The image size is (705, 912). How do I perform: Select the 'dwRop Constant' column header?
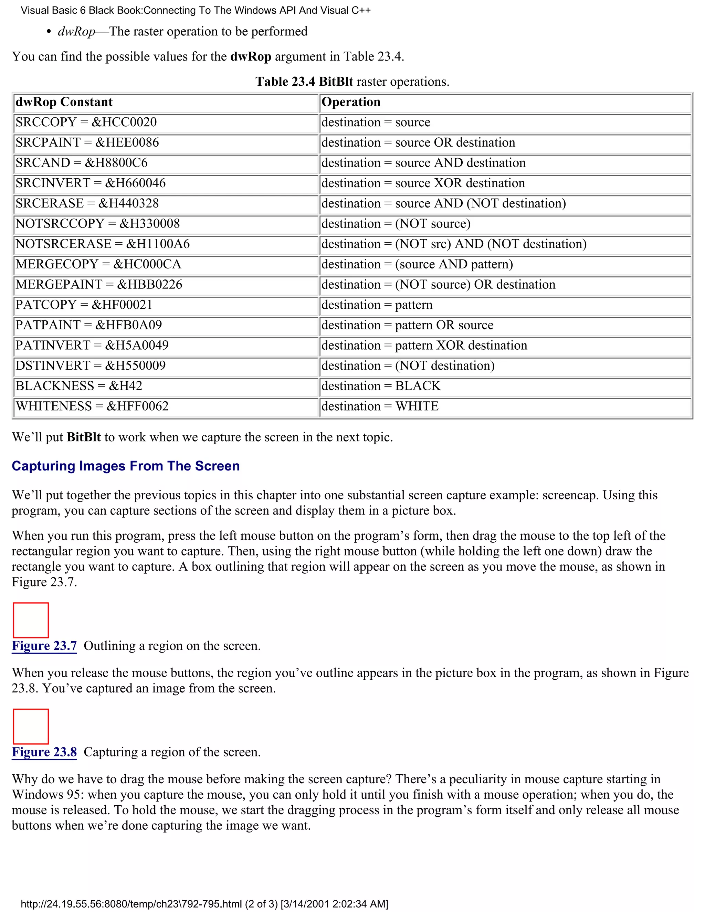pyautogui.click(x=64, y=102)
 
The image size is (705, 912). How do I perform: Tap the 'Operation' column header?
pyautogui.click(x=351, y=102)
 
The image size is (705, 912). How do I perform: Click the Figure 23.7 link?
pyautogui.click(x=44, y=646)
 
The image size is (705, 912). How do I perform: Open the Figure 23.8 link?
pyautogui.click(x=44, y=752)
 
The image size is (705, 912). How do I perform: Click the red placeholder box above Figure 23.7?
pyautogui.click(x=31, y=620)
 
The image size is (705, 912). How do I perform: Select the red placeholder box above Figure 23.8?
pyautogui.click(x=31, y=726)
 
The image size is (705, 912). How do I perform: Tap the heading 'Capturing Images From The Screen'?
pyautogui.click(x=126, y=466)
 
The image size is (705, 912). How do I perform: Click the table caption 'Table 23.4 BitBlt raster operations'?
pyautogui.click(x=352, y=82)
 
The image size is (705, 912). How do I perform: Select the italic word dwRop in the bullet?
pyautogui.click(x=76, y=32)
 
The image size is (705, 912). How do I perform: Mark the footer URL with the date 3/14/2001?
pyautogui.click(x=204, y=904)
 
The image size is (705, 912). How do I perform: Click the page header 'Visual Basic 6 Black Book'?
pyautogui.click(x=196, y=10)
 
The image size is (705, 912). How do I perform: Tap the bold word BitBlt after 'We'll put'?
pyautogui.click(x=84, y=437)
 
